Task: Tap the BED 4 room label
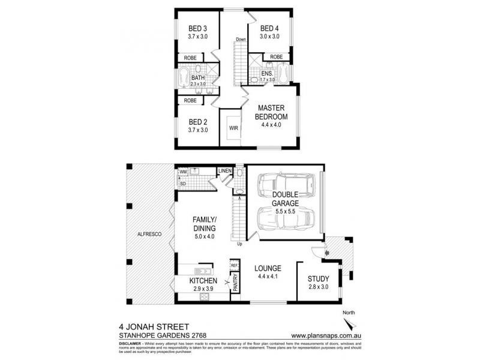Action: tap(268, 28)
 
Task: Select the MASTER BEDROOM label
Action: tap(271, 112)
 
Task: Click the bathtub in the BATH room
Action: tap(183, 79)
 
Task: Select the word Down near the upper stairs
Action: tap(241, 40)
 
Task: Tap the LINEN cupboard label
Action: tap(224, 171)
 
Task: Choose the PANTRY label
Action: tap(235, 283)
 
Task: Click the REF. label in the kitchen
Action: tap(235, 265)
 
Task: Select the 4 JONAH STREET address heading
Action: tap(150, 328)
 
